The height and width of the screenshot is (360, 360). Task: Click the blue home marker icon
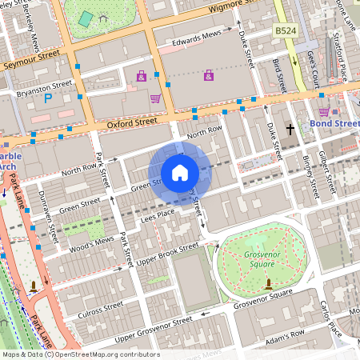(x=180, y=173)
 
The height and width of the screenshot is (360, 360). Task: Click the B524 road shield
(x=286, y=30)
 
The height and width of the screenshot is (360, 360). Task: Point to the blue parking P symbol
(x=48, y=98)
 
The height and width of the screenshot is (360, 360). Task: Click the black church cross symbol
(x=291, y=129)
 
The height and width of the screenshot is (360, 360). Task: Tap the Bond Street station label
(x=335, y=124)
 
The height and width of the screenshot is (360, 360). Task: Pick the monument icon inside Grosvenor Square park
(x=268, y=282)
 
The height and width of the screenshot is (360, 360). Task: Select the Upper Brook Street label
(x=168, y=256)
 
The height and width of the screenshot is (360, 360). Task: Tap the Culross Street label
(x=102, y=309)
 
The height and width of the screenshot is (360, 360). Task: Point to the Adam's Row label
(x=286, y=332)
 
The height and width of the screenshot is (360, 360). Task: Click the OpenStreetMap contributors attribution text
(x=80, y=354)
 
